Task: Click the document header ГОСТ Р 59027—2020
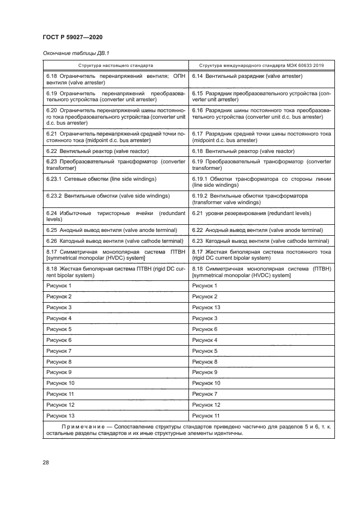click(x=72, y=36)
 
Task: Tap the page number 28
click(x=46, y=463)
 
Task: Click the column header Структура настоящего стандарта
click(x=115, y=65)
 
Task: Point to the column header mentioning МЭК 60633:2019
click(x=261, y=65)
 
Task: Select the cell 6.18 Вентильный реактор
click(x=243, y=151)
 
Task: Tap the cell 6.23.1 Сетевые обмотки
click(x=101, y=179)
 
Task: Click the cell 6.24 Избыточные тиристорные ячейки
click(x=115, y=216)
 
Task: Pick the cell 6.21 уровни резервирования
click(x=252, y=213)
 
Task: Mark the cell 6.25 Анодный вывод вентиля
click(x=106, y=230)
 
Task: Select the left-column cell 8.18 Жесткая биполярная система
click(x=115, y=272)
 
